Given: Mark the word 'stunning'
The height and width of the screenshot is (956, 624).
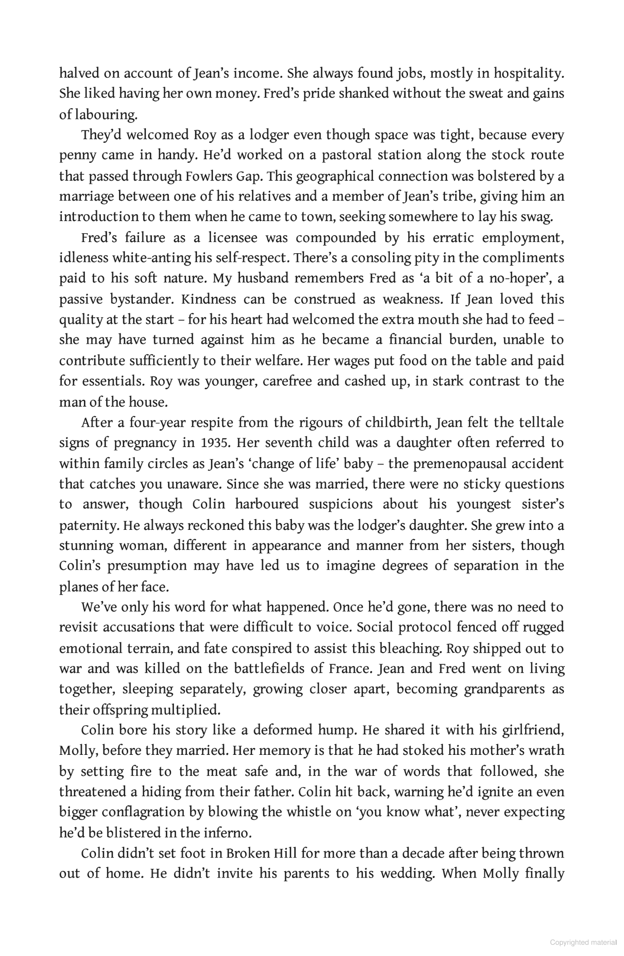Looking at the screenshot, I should (86, 546).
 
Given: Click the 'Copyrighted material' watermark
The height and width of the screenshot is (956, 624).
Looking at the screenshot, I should (583, 942).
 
